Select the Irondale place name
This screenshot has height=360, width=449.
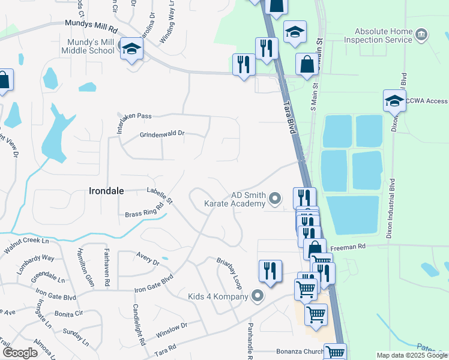point(106,191)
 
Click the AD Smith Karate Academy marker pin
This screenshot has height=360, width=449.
point(275,197)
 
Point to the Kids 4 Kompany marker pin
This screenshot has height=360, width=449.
point(258,296)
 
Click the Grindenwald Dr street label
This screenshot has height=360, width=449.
point(162,134)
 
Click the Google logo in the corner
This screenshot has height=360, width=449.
point(20,353)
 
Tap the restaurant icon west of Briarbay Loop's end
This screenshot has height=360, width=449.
point(270,271)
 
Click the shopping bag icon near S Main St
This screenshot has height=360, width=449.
point(307,64)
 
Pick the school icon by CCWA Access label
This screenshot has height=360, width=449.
point(394,100)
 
